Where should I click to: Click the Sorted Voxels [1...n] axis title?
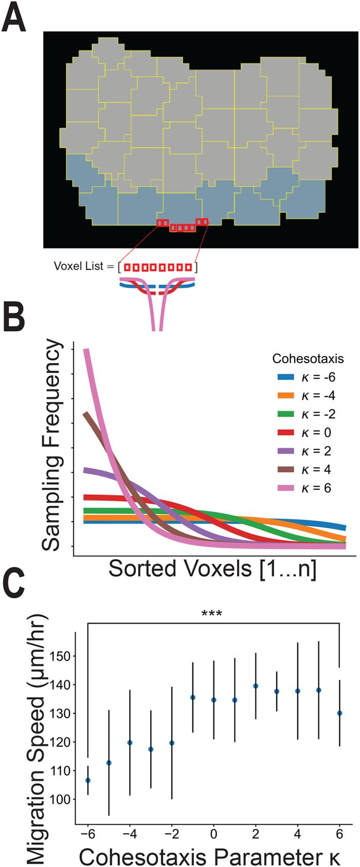(212, 569)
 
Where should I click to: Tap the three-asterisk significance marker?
(211, 614)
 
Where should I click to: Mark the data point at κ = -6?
(88, 781)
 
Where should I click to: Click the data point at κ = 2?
(256, 686)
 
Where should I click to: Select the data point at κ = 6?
(339, 713)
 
